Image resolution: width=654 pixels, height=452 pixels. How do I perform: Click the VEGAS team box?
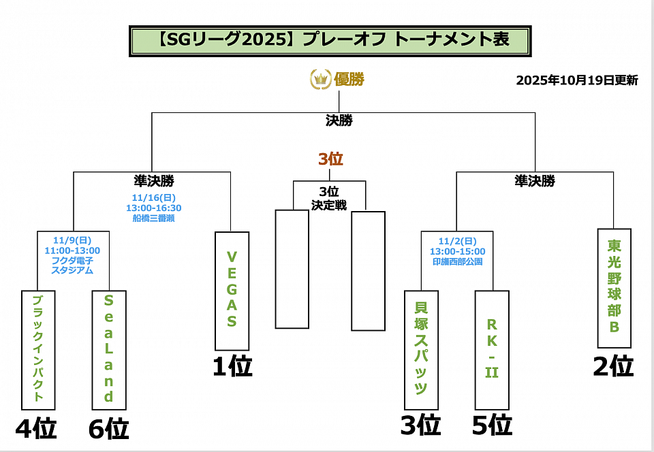click(x=232, y=291)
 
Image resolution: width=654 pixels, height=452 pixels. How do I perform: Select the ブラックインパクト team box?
click(x=38, y=349)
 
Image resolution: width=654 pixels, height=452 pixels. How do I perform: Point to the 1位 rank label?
click(x=232, y=367)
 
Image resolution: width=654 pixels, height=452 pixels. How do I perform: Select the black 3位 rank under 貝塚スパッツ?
click(x=420, y=425)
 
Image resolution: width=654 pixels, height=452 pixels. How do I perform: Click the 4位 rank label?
click(x=35, y=429)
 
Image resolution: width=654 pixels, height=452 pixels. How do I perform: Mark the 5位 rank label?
click(x=492, y=425)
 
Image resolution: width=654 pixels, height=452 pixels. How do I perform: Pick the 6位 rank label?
click(x=108, y=429)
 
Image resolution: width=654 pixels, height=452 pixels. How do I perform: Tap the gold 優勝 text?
click(x=349, y=79)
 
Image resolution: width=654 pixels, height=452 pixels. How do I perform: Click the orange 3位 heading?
click(x=330, y=159)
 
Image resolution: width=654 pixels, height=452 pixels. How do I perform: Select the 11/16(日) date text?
click(x=153, y=198)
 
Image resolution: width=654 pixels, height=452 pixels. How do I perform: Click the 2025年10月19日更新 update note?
click(x=577, y=80)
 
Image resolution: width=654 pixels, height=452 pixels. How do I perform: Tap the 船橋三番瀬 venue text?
click(x=153, y=219)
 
